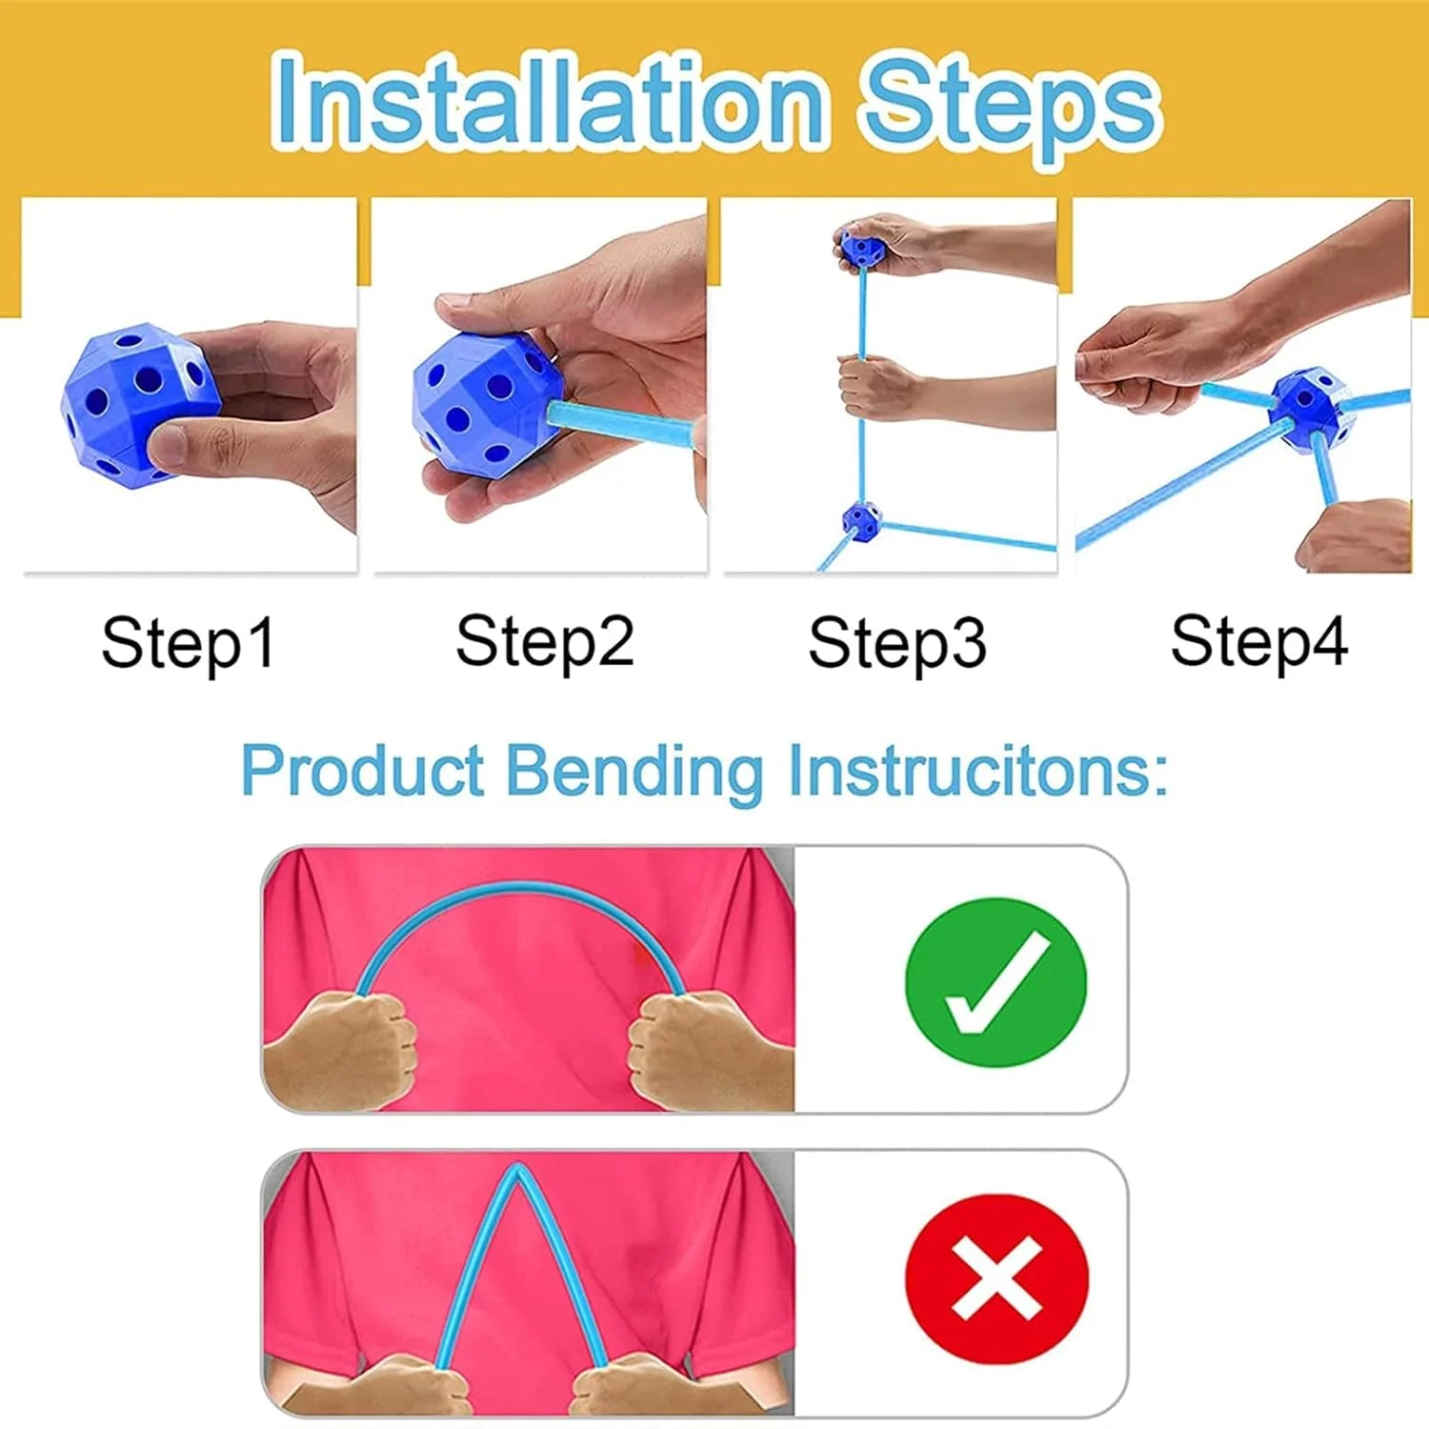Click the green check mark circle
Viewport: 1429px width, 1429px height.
(996, 981)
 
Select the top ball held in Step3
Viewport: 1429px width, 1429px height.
(863, 250)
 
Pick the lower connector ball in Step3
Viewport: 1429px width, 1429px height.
(861, 521)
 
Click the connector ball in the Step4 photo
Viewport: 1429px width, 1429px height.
(1311, 409)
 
